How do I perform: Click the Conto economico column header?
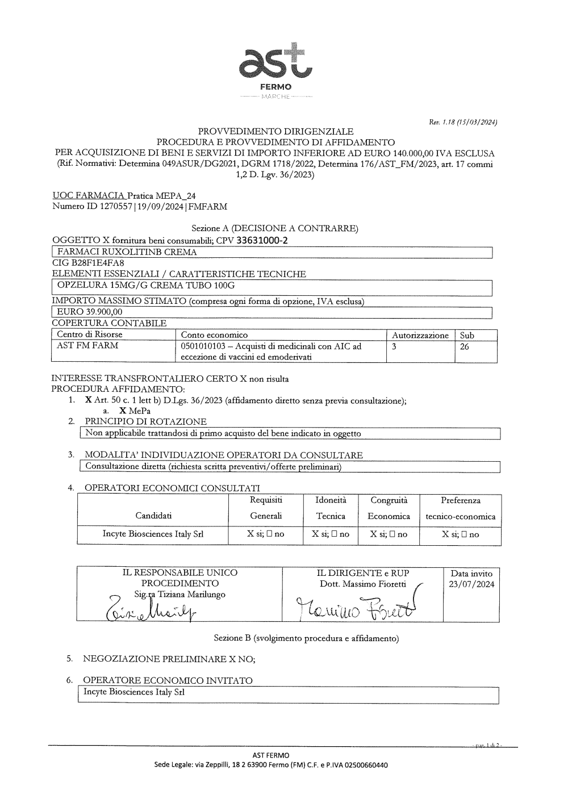point(214,335)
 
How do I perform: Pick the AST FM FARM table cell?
point(87,345)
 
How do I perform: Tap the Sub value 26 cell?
point(465,346)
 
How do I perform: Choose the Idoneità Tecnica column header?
point(331,508)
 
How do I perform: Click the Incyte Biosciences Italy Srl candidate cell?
point(153,534)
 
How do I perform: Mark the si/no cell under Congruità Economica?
point(389,534)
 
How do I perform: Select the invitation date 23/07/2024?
point(471,584)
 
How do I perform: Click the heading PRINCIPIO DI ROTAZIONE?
point(145,421)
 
